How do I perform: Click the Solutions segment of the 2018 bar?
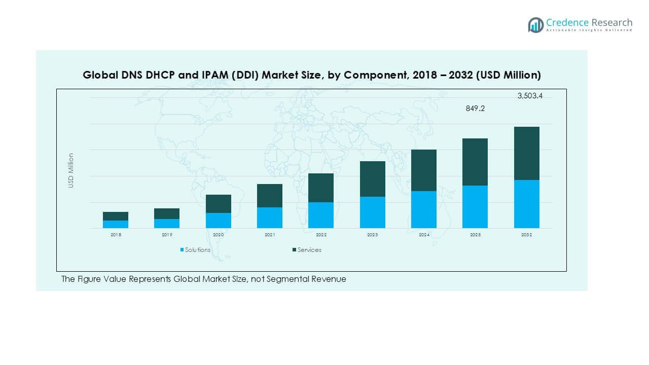pyautogui.click(x=116, y=224)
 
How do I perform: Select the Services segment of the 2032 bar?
pyautogui.click(x=526, y=153)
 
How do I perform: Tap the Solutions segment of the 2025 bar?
pyautogui.click(x=475, y=207)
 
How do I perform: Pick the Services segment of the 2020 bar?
pyautogui.click(x=219, y=204)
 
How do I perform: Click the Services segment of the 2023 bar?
pyautogui.click(x=373, y=179)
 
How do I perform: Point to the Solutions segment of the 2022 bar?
pyautogui.click(x=321, y=215)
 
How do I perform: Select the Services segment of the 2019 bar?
pyautogui.click(x=167, y=213)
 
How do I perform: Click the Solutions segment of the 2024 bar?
pyautogui.click(x=424, y=209)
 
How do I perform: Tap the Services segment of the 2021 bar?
pyautogui.click(x=270, y=196)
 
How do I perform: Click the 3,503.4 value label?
pyautogui.click(x=530, y=96)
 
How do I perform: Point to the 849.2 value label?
pyautogui.click(x=475, y=108)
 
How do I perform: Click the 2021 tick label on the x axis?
pyautogui.click(x=270, y=235)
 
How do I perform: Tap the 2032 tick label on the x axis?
pyautogui.click(x=526, y=235)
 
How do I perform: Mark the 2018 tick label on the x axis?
pyautogui.click(x=116, y=235)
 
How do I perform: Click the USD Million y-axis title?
pyautogui.click(x=71, y=170)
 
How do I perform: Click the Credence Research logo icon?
pyautogui.click(x=535, y=25)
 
